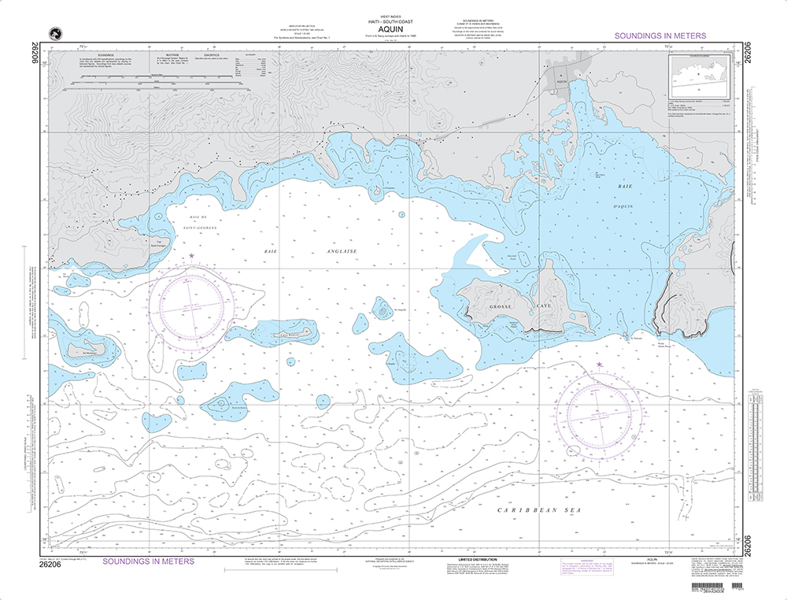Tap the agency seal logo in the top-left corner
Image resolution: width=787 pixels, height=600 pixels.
click(x=55, y=32)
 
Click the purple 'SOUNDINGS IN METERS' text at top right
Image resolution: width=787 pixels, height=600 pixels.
click(x=660, y=36)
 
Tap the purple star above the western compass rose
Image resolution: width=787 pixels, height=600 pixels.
click(x=191, y=256)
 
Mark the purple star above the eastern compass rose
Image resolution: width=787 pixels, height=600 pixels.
click(x=600, y=365)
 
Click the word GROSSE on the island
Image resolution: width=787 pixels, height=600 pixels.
click(x=501, y=305)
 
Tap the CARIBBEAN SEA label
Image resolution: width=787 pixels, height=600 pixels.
click(x=538, y=511)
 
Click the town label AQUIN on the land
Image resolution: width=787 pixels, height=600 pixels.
click(x=561, y=81)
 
